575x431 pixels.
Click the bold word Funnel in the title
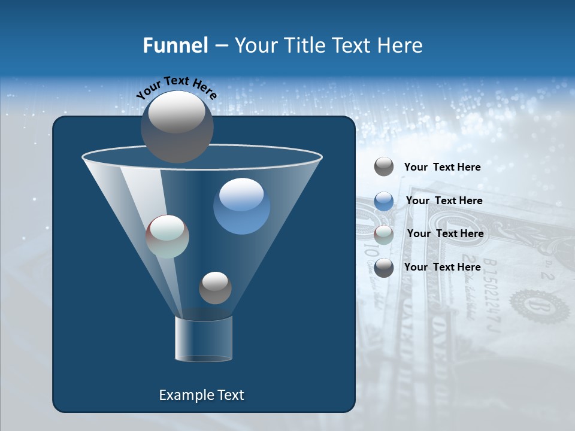pos(175,45)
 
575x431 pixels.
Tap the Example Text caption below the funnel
pos(201,395)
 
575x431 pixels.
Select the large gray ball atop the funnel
pos(177,126)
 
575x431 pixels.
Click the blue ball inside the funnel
pos(241,206)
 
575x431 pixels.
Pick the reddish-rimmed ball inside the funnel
pos(168,236)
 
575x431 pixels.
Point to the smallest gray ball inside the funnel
pos(215,287)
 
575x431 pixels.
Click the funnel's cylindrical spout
pos(204,339)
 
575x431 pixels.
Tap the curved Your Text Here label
pos(176,87)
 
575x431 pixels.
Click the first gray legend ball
pos(384,167)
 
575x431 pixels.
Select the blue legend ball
pos(384,201)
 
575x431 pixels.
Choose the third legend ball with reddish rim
pos(384,234)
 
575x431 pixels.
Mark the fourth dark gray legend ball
pos(384,268)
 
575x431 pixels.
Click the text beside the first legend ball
pos(442,167)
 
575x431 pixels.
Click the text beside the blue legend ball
pos(444,201)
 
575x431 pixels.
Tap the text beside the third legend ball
pos(445,233)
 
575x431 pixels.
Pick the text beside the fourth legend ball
pos(442,267)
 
